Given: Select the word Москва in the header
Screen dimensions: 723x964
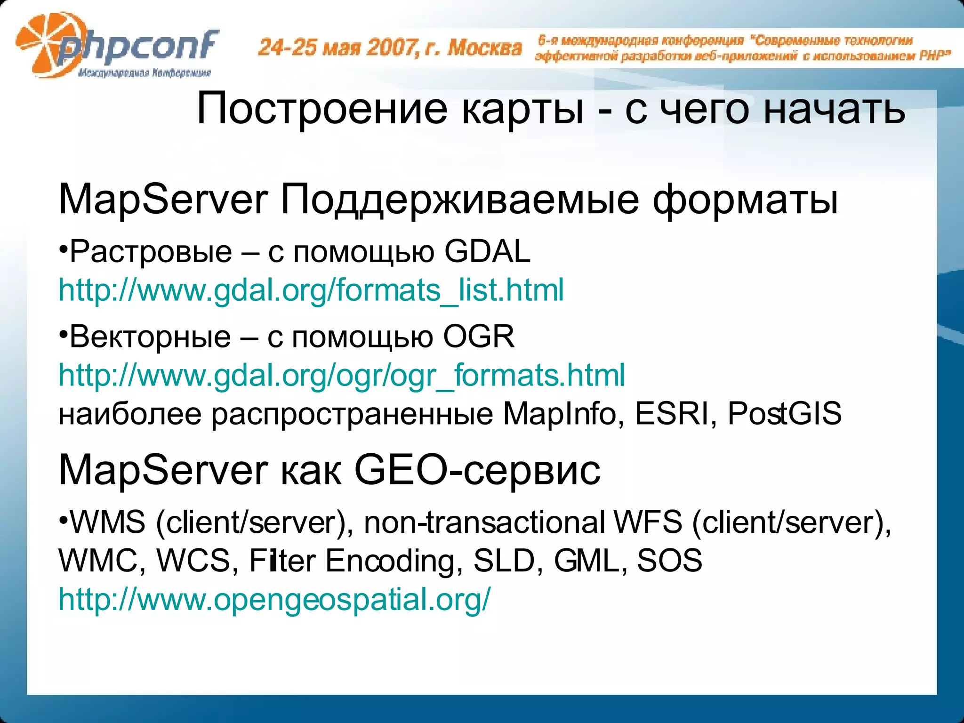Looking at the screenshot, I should [x=484, y=48].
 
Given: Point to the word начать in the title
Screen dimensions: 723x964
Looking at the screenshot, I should [x=834, y=109].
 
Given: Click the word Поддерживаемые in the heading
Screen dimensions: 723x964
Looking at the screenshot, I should [x=459, y=200].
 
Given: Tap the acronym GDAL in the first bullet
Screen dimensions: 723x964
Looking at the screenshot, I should [x=487, y=251].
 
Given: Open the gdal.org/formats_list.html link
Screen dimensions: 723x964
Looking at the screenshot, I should [x=311, y=290].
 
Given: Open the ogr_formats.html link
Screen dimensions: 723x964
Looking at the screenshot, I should [x=341, y=375].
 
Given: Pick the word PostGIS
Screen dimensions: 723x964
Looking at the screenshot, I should [x=784, y=414].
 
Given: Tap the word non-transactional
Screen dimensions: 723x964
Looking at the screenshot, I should [x=484, y=522].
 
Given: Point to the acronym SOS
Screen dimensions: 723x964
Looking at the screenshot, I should [x=669, y=561].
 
